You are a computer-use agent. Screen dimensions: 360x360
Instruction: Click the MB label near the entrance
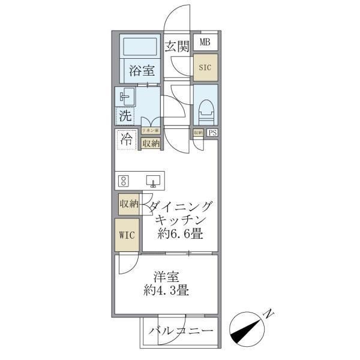(x=205, y=42)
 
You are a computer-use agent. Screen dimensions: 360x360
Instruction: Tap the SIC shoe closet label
(x=205, y=67)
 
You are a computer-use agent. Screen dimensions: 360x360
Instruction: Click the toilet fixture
(x=205, y=108)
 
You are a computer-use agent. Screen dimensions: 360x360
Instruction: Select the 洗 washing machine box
(x=125, y=115)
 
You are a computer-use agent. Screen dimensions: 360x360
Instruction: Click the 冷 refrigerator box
(x=126, y=140)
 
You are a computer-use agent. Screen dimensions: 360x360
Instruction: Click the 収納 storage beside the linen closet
(x=150, y=143)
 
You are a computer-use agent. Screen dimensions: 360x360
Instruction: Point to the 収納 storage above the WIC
(x=128, y=204)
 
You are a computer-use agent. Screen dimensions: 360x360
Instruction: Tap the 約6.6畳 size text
(x=179, y=235)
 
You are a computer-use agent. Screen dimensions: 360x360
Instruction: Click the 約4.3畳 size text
(x=166, y=292)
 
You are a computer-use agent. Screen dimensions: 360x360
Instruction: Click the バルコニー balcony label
(x=181, y=331)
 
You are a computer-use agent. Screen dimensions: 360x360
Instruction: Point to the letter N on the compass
(x=269, y=313)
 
